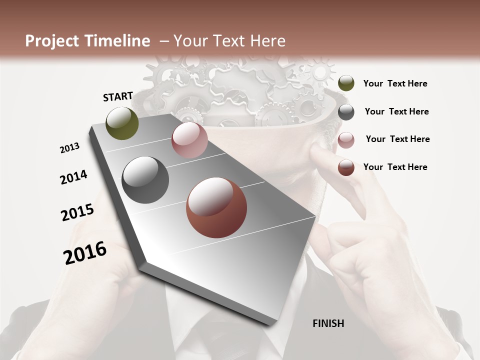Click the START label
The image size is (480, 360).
click(x=118, y=96)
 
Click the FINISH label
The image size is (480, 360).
click(x=328, y=323)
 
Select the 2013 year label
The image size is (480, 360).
click(x=70, y=148)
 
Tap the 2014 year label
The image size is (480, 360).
click(x=73, y=177)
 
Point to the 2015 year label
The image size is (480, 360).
click(x=77, y=212)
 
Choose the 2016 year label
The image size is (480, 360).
click(x=85, y=252)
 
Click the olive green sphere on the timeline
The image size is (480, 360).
click(x=122, y=123)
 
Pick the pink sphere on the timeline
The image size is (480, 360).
click(x=189, y=140)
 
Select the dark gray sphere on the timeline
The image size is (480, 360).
click(x=145, y=180)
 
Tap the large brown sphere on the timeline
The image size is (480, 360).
click(x=216, y=207)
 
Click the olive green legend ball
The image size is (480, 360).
click(x=346, y=83)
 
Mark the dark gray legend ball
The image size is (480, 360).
click(x=346, y=112)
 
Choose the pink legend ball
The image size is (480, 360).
click(x=346, y=140)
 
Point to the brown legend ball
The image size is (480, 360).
click(x=346, y=167)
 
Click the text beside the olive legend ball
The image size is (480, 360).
click(x=395, y=83)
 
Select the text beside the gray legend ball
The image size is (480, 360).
click(x=396, y=111)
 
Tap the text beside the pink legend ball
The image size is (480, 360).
click(x=397, y=139)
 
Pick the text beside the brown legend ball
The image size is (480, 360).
click(x=395, y=167)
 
